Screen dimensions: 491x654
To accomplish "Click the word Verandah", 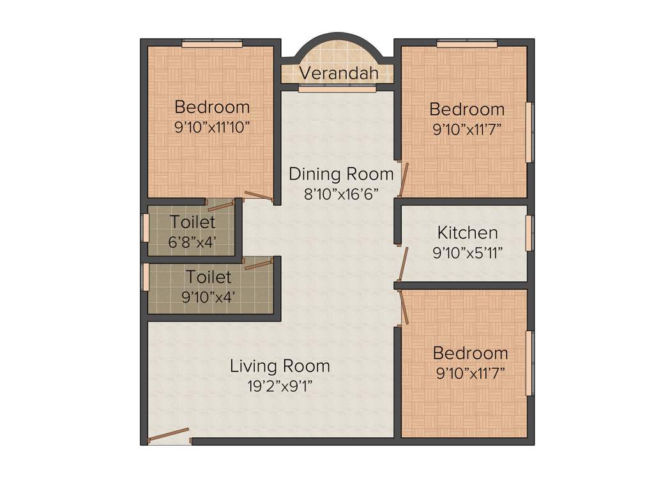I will click(x=338, y=73).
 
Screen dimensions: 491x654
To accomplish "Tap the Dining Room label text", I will click(x=341, y=174).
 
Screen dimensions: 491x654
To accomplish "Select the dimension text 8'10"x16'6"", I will click(x=342, y=194).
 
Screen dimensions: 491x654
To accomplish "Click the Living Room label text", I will click(x=280, y=366).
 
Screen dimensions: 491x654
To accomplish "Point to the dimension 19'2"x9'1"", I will click(x=280, y=386).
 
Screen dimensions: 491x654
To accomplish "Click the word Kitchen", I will click(x=467, y=232).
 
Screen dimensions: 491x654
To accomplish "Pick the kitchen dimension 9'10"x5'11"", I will click(x=467, y=252).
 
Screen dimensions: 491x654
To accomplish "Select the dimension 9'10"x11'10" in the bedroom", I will click(x=211, y=126).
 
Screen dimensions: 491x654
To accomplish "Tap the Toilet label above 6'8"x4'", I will click(x=192, y=222).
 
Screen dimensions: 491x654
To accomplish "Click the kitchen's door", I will click(x=403, y=263).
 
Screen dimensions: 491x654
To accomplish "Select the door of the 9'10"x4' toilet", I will click(x=259, y=264).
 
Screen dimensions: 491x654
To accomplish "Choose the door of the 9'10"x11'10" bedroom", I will click(x=259, y=197).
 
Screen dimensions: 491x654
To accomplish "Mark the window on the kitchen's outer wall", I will click(x=529, y=233).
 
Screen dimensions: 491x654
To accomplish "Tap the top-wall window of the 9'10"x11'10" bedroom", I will click(x=212, y=43).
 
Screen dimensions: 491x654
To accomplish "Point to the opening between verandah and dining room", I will click(x=337, y=90).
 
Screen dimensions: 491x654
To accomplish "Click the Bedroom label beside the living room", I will click(x=470, y=353).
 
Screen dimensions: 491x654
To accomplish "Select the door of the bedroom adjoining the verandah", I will click(x=403, y=179).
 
